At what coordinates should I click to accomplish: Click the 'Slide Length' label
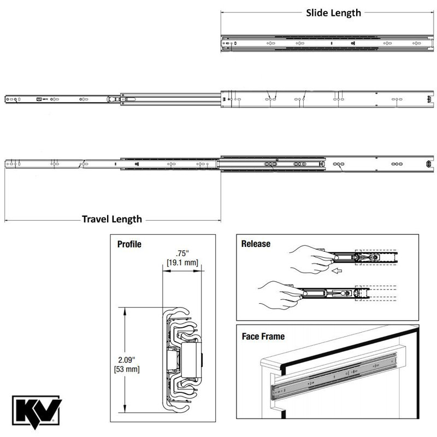pyautogui.click(x=333, y=13)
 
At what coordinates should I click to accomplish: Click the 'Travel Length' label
pyautogui.click(x=112, y=219)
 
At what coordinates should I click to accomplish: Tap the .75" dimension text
pyautogui.click(x=182, y=253)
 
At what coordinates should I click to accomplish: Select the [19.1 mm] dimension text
pyautogui.click(x=182, y=263)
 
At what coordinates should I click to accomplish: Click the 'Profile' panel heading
pyautogui.click(x=129, y=244)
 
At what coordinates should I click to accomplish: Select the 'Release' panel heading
pyautogui.click(x=256, y=244)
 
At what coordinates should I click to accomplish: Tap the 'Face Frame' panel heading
pyautogui.click(x=263, y=336)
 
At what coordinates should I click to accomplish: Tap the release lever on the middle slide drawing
pyautogui.click(x=111, y=99)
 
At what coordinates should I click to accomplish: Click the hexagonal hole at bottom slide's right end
pyautogui.click(x=428, y=164)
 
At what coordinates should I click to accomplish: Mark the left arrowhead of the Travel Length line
pyautogui.click(x=6, y=220)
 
